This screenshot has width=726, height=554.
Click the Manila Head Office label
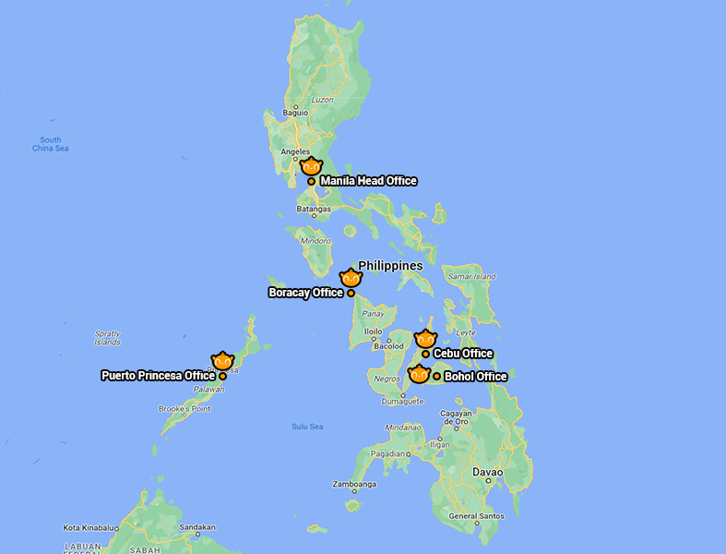(x=368, y=181)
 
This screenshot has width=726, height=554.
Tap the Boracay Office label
(x=305, y=293)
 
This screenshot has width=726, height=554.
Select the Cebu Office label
(x=463, y=354)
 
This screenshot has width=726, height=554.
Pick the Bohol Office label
(x=476, y=377)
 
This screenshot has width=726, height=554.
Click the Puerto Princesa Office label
(x=158, y=376)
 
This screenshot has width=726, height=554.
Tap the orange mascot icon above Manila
(x=311, y=166)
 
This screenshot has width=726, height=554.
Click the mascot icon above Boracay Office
(x=351, y=278)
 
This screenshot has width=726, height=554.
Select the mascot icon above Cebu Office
(x=424, y=339)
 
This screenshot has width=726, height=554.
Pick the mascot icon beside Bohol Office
(x=419, y=374)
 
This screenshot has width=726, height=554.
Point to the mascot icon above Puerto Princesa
(x=222, y=361)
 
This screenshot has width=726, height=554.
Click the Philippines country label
(x=390, y=266)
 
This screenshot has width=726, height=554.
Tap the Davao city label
(x=488, y=472)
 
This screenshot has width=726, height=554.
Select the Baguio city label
(x=295, y=114)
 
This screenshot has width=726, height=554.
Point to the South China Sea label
(x=51, y=144)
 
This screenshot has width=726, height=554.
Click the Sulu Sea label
(x=307, y=427)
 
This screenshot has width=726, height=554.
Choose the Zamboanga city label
(x=355, y=485)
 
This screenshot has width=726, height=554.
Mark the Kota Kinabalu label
(x=89, y=528)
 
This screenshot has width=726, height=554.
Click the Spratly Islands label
(x=107, y=338)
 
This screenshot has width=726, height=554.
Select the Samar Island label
(x=470, y=276)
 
